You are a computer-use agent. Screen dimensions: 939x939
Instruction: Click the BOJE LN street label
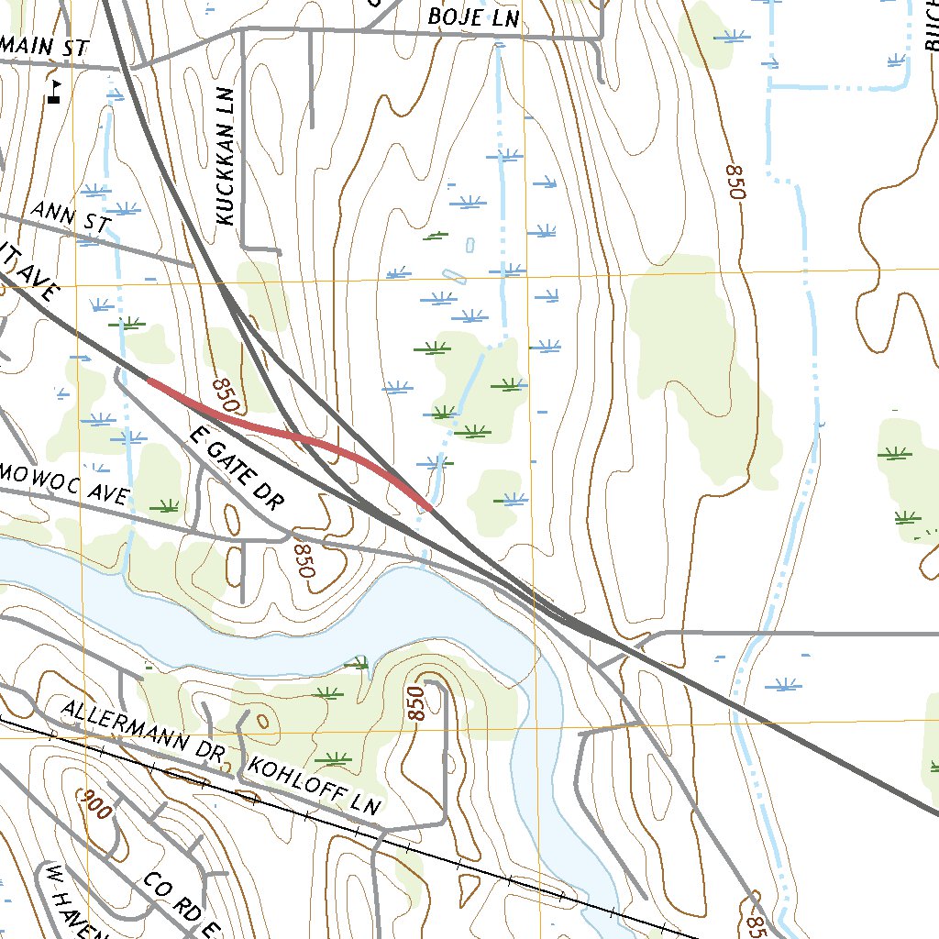point(473,17)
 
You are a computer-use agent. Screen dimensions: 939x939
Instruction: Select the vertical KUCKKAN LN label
point(225,157)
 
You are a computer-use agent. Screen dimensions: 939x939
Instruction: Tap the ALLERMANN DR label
point(141,730)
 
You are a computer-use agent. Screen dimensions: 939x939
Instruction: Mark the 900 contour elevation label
point(95,804)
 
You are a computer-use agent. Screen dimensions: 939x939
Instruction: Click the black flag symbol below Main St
point(55,91)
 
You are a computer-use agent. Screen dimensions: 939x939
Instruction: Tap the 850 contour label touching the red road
point(224,394)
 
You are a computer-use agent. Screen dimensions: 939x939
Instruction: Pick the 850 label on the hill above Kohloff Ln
point(415,702)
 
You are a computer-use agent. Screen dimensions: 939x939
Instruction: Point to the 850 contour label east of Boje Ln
point(735,182)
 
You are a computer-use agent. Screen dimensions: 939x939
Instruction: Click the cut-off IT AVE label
point(28,275)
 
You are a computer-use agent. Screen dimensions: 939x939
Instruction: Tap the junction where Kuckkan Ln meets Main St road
point(242,30)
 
